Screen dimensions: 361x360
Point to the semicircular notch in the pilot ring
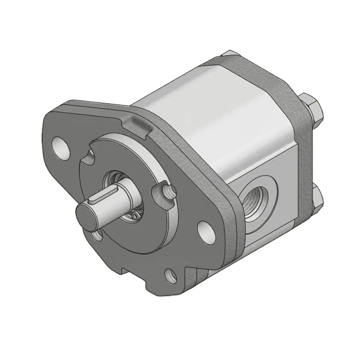(x=90, y=156)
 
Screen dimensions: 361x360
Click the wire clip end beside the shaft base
(x=133, y=217)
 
